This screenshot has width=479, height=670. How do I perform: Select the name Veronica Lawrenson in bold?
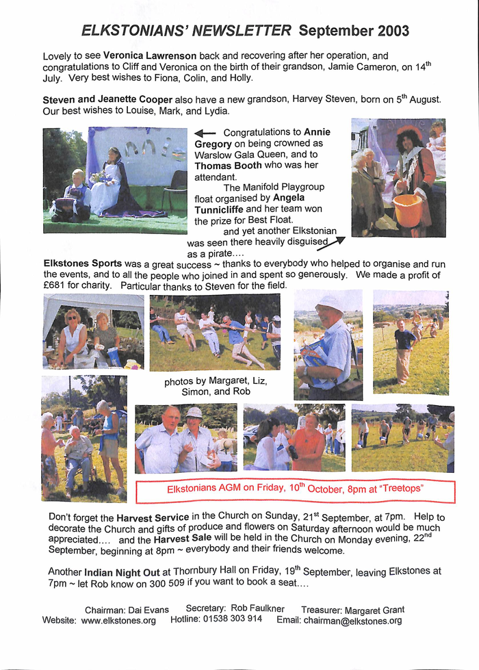[141, 55]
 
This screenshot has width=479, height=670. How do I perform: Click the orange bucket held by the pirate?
[406, 209]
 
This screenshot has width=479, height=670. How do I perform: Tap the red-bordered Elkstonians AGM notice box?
[295, 490]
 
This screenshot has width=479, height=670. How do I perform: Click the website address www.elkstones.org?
[118, 621]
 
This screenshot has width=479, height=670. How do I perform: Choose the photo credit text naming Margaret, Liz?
[216, 387]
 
